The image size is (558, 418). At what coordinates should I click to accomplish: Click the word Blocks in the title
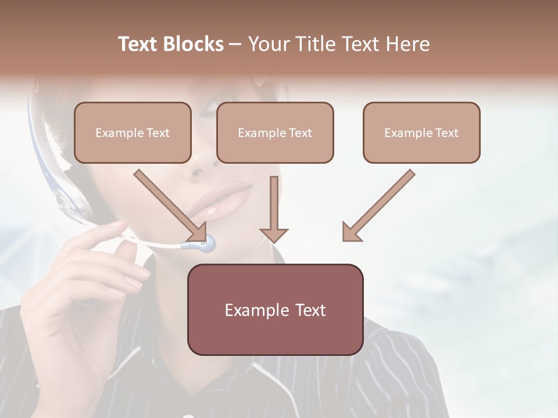pos(192,44)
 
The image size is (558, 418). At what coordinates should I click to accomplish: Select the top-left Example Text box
pos(133,132)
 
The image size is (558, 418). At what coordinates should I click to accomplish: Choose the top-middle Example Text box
pos(275,132)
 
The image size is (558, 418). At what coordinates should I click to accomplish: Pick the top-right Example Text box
pos(421,132)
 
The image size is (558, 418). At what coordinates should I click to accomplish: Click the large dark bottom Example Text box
pos(275,309)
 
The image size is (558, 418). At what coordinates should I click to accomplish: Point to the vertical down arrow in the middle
pos(274,203)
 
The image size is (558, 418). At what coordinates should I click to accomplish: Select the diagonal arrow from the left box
pos(169,203)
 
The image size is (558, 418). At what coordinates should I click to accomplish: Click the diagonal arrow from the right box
pos(381,203)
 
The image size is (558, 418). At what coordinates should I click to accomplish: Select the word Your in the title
pos(269,44)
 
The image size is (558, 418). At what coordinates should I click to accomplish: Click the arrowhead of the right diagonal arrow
pos(350,232)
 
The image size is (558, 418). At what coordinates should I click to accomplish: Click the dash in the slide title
pos(235,44)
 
